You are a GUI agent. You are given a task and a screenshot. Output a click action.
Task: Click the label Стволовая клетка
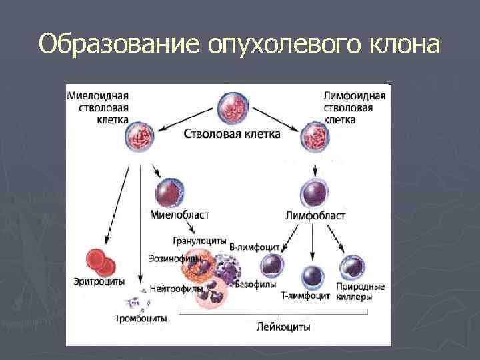point(232,134)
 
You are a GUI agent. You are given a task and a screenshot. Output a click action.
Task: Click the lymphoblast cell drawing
point(313,194)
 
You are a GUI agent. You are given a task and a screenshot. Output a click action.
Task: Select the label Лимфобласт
point(315,215)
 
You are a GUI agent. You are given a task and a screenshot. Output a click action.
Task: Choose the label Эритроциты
point(99,282)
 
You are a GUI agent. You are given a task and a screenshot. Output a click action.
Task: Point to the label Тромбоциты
point(141,319)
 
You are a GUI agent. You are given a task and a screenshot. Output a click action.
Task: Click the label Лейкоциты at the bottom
point(284,327)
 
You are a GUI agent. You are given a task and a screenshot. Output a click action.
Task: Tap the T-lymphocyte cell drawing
point(312,275)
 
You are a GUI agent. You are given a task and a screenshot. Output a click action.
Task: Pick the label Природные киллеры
point(361,292)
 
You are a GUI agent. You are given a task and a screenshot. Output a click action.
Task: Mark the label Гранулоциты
point(199,240)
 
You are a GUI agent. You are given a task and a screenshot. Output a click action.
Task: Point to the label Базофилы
point(257,285)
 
